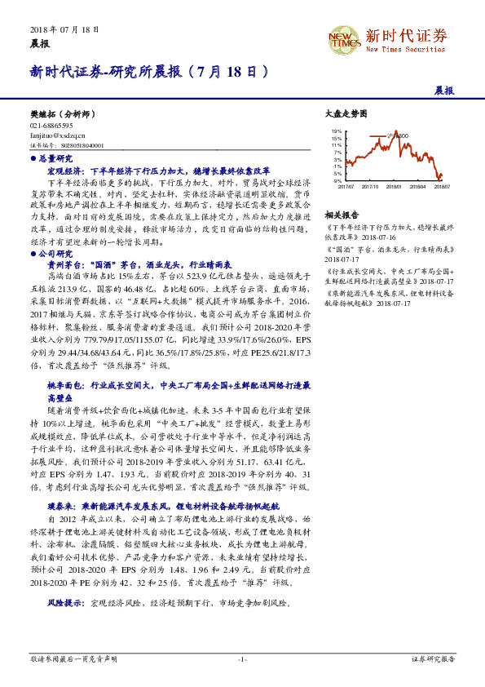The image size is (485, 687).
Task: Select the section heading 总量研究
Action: point(56,157)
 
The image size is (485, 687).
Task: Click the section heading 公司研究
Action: point(56,254)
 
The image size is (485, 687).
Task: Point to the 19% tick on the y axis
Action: point(336,131)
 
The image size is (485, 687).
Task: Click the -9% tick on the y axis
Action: point(337,181)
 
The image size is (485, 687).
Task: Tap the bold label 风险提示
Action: point(67,604)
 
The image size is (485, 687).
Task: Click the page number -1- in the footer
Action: point(242,658)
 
